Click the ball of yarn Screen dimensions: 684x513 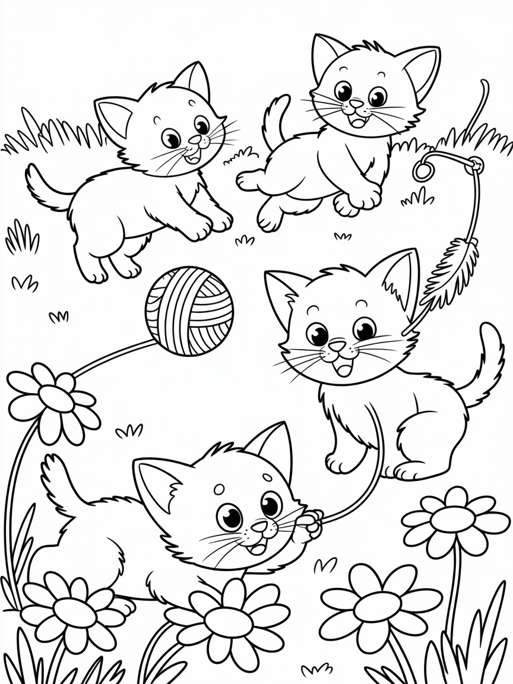click(x=189, y=311)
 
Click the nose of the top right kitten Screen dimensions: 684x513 click(x=356, y=104)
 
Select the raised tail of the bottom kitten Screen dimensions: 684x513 click(x=59, y=481)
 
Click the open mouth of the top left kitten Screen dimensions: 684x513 click(x=191, y=159)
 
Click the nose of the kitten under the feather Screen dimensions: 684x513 click(x=337, y=345)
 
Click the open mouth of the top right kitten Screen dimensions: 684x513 click(x=359, y=121)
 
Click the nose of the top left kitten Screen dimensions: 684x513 click(x=195, y=140)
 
